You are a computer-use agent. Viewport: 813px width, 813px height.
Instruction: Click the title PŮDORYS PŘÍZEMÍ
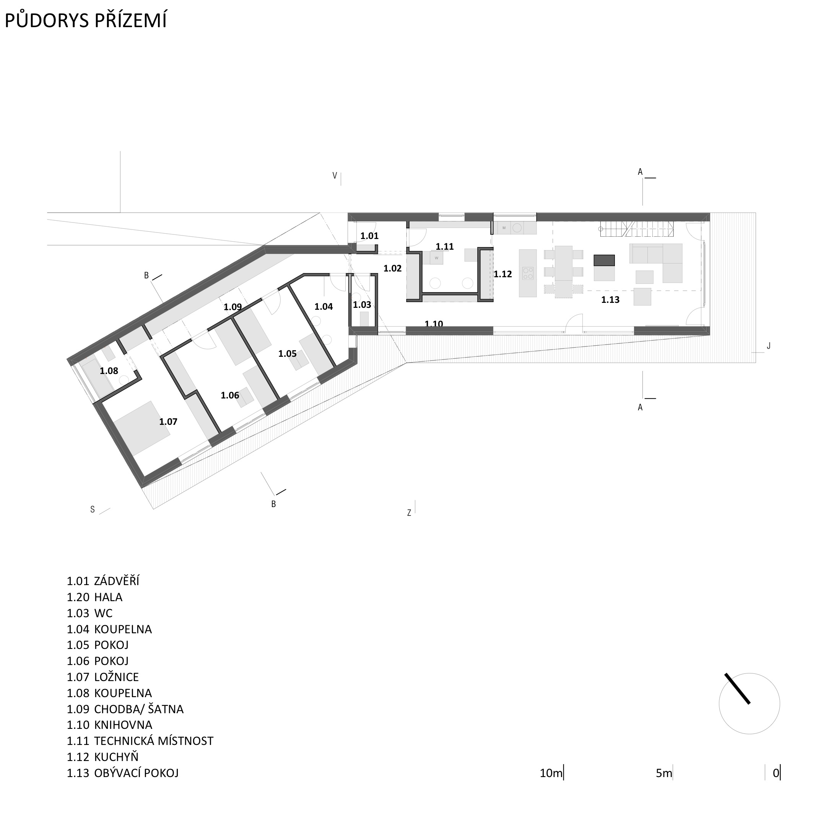pos(85,20)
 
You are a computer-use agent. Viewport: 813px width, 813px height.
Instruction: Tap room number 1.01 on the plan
pos(369,236)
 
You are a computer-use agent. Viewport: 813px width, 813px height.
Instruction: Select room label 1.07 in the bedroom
pos(168,422)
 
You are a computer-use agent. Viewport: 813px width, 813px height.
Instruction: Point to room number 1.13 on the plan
pos(610,299)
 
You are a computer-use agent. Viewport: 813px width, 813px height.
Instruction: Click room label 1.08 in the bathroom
pos(109,371)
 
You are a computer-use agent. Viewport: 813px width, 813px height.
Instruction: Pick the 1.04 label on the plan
pos(324,307)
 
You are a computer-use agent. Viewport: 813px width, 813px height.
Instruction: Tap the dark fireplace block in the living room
pos(604,260)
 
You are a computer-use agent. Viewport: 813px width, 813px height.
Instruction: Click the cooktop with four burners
pos(528,273)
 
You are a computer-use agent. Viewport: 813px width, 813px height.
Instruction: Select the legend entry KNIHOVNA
pos(123,725)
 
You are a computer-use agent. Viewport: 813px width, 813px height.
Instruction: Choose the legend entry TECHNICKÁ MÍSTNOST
pos(154,741)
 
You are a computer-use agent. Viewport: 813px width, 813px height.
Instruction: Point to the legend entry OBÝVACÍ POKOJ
pos(137,772)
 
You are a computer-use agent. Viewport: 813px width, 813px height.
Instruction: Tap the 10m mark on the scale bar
pos(551,773)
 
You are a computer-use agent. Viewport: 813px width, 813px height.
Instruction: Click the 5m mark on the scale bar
pos(664,773)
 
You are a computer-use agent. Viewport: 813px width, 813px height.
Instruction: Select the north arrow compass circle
pos(750,704)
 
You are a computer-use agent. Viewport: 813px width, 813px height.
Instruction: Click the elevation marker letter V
pos(335,176)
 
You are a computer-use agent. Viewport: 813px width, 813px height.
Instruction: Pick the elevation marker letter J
pos(768,346)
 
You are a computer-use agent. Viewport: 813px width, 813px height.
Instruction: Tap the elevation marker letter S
pos(93,510)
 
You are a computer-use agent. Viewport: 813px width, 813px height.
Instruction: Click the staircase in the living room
pos(637,229)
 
